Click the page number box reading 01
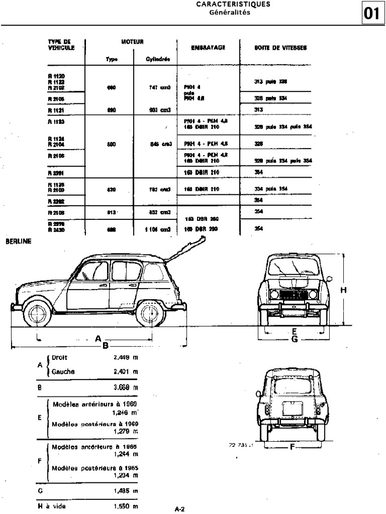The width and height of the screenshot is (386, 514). click(x=371, y=13)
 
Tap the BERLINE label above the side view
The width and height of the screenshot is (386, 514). click(x=19, y=241)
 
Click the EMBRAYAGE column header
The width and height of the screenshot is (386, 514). click(x=208, y=48)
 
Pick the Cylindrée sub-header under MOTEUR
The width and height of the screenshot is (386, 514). click(x=158, y=59)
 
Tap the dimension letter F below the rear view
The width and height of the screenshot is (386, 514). click(x=292, y=447)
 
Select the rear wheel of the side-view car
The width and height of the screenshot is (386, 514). click(x=150, y=313)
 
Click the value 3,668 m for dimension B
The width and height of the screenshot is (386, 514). click(x=126, y=388)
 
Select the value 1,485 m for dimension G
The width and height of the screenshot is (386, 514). click(x=126, y=491)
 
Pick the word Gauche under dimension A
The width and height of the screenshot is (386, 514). click(x=63, y=372)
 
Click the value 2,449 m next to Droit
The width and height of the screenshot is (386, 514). click(x=126, y=358)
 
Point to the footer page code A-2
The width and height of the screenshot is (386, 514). click(x=180, y=509)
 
